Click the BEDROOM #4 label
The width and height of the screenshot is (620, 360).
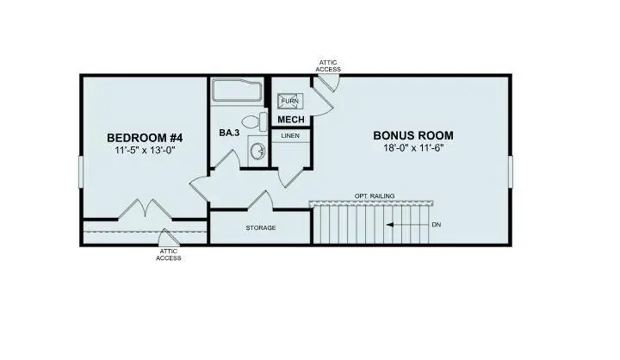(145, 138)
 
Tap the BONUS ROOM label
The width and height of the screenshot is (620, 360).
(412, 135)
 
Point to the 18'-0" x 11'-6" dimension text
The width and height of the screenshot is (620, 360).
(412, 148)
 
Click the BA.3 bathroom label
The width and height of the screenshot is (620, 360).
(229, 133)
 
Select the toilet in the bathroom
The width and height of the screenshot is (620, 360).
(253, 122)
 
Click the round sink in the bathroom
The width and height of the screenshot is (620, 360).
(256, 151)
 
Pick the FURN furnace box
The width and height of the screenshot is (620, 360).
(289, 100)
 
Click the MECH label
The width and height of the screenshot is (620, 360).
(288, 120)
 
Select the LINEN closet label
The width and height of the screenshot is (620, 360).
(291, 136)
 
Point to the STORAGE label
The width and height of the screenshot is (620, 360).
(260, 228)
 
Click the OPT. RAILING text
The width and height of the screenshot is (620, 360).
(375, 196)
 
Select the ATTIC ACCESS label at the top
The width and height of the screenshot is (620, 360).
(329, 65)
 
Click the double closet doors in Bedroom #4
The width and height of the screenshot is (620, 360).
(142, 209)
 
